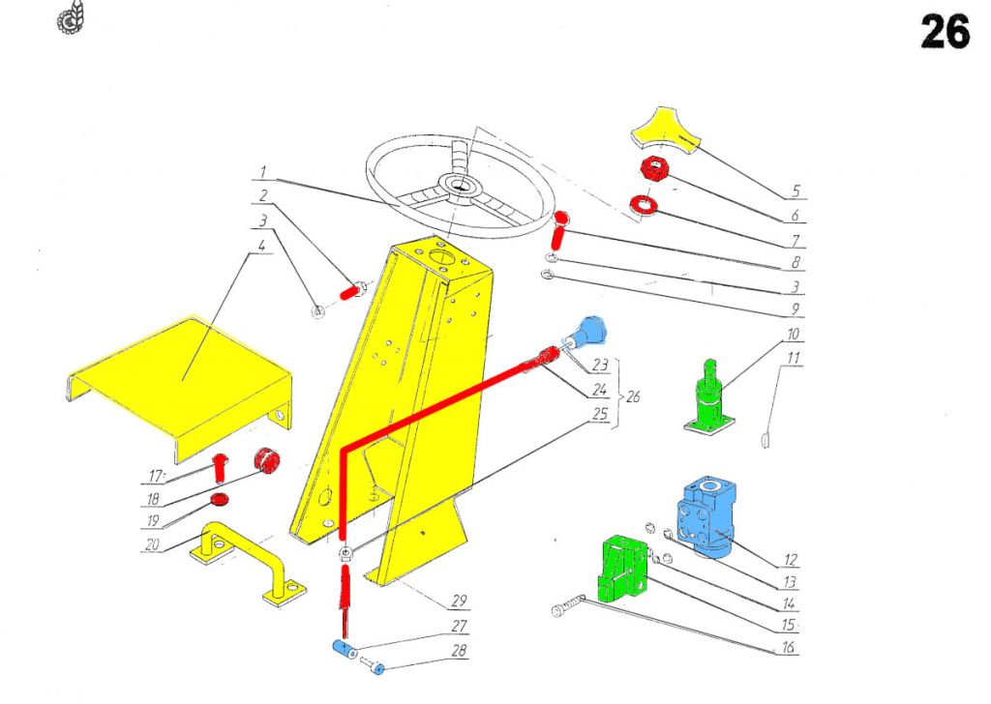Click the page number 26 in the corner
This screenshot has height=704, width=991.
[945, 32]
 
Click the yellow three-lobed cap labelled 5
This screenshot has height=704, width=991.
[671, 134]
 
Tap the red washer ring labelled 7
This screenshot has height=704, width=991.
[643, 205]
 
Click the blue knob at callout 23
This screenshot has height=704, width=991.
[589, 330]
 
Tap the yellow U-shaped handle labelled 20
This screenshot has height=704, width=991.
[243, 560]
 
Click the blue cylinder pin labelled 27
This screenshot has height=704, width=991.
[344, 647]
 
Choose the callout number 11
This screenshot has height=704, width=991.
[795, 360]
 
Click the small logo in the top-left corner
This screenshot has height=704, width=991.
[71, 19]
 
